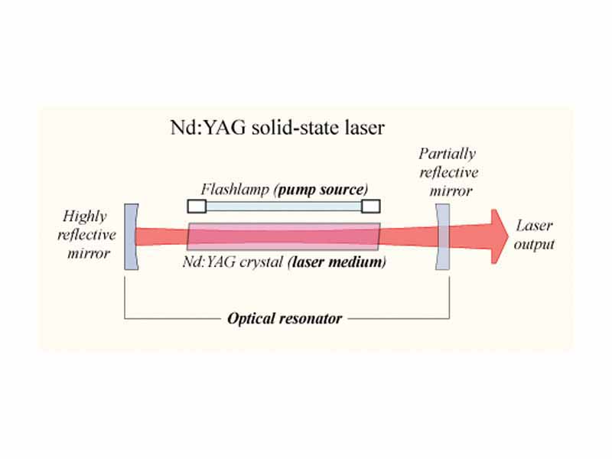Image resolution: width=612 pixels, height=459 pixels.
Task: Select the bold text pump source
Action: (323, 189)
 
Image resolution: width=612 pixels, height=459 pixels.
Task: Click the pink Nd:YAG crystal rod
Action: (283, 236)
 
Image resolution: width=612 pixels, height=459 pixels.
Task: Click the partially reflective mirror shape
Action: (442, 236)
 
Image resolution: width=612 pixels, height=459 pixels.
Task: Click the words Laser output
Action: (534, 236)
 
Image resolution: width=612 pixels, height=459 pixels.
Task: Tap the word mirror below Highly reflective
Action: (89, 253)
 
